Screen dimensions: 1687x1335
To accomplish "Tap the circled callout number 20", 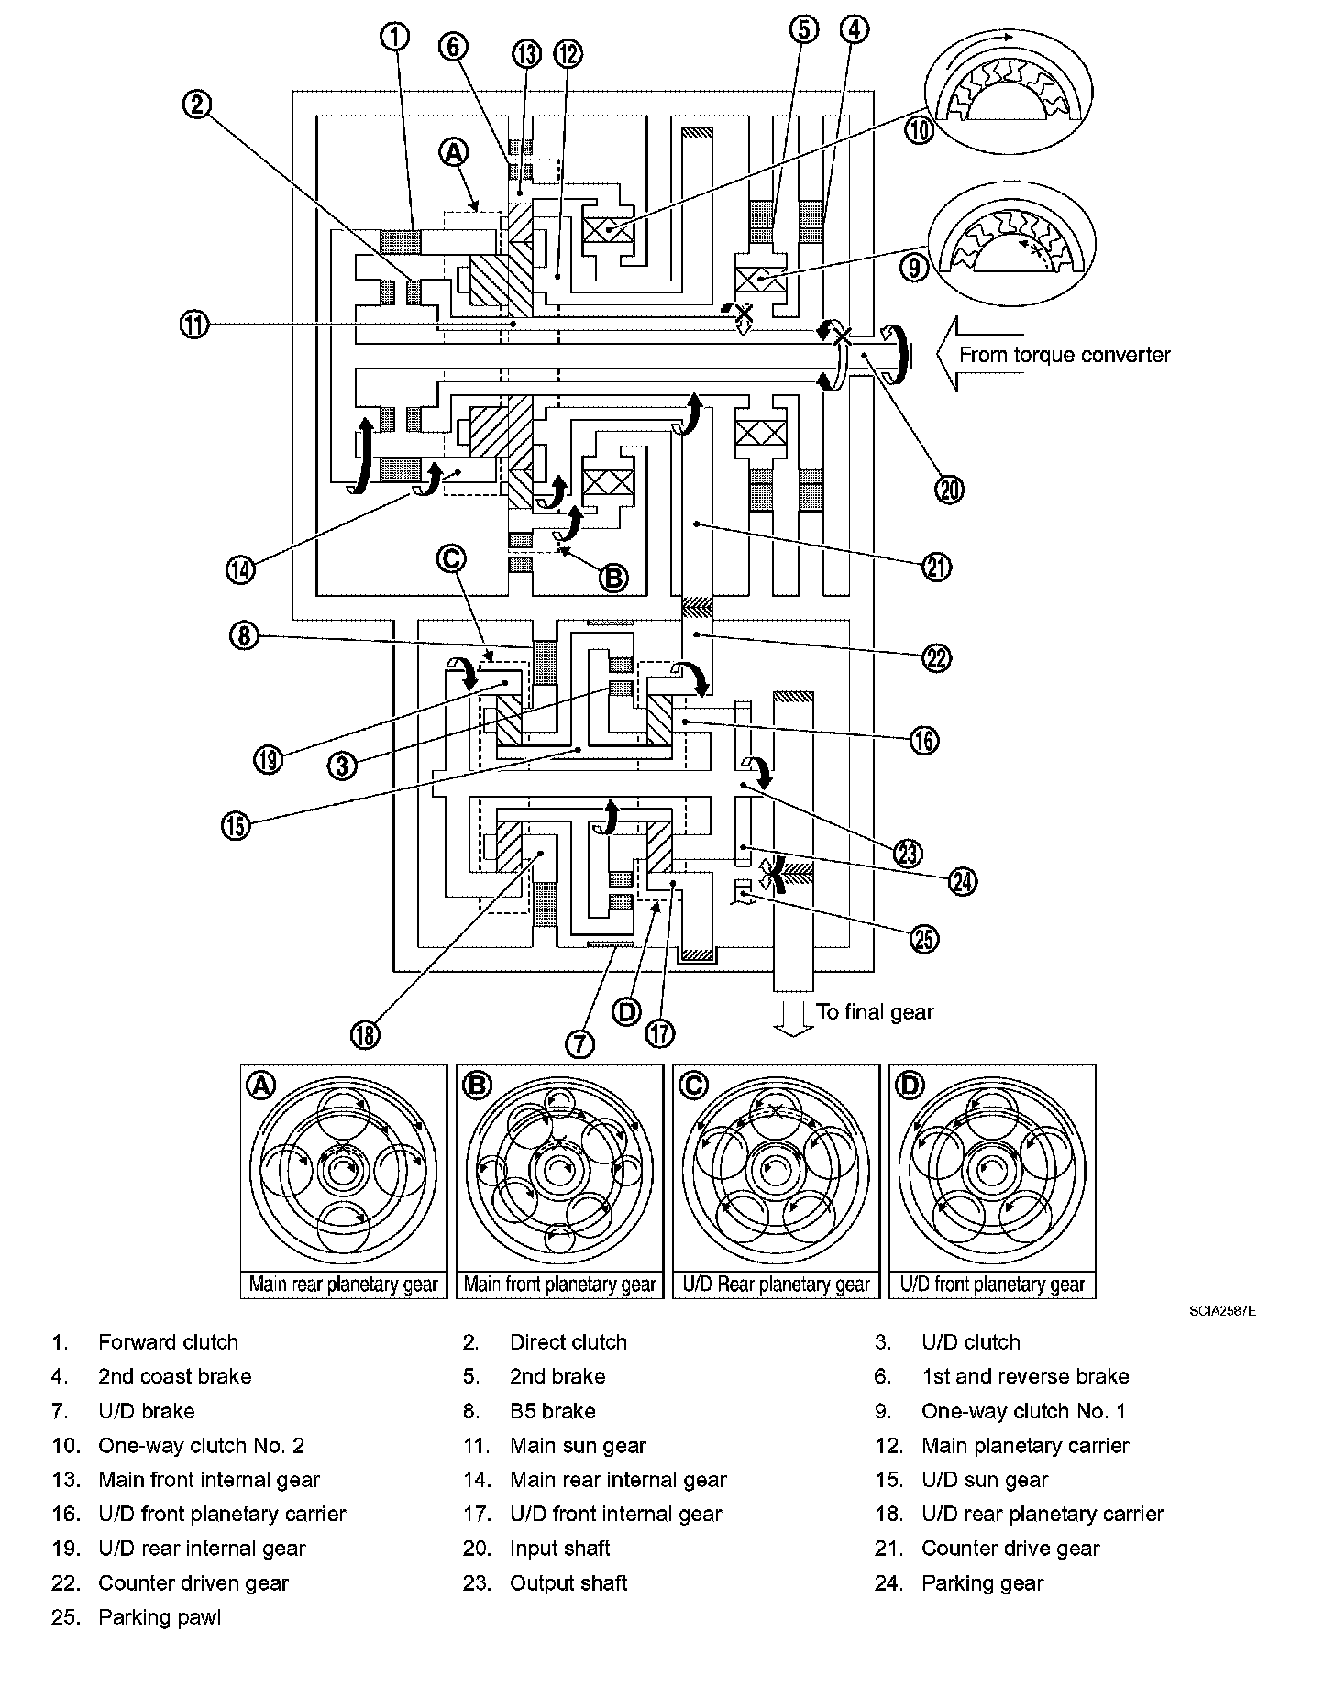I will (x=949, y=490).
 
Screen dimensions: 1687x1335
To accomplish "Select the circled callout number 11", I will (x=195, y=325).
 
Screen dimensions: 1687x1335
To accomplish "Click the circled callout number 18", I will (x=364, y=1034).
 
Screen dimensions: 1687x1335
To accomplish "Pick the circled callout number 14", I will (x=240, y=568).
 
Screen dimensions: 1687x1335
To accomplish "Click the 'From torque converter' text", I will (x=1065, y=355).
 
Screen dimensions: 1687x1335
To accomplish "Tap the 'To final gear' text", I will (x=875, y=1012).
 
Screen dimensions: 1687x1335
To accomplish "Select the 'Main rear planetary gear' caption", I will (x=344, y=1285).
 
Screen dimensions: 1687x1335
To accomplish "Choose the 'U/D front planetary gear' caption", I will (x=992, y=1285).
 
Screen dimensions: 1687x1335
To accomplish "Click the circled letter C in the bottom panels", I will (x=693, y=1086).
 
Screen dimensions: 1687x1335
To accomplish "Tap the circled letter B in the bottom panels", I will (x=477, y=1086).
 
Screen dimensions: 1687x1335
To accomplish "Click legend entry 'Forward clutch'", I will (x=168, y=1342).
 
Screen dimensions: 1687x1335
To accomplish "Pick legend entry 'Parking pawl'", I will (x=160, y=1617).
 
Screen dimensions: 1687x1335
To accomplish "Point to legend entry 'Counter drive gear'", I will (x=1010, y=1549).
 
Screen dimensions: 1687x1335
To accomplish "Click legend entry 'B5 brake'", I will (x=553, y=1411).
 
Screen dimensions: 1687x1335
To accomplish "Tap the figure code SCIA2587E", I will (x=1224, y=1312).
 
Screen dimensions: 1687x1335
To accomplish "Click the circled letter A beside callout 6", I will (x=453, y=153).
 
